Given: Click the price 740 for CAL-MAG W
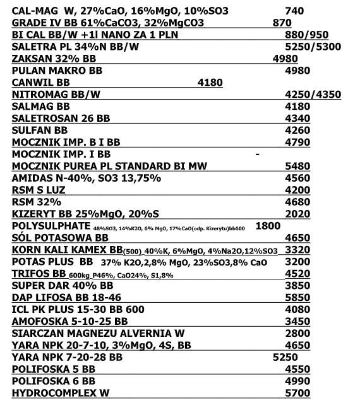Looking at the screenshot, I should [295, 11].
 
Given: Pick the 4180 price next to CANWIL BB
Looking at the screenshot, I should [210, 83].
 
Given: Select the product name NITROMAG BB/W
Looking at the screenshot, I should [56, 95].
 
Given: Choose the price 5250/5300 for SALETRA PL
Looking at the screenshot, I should [313, 47].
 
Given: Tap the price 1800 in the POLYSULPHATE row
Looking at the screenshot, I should [268, 225].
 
